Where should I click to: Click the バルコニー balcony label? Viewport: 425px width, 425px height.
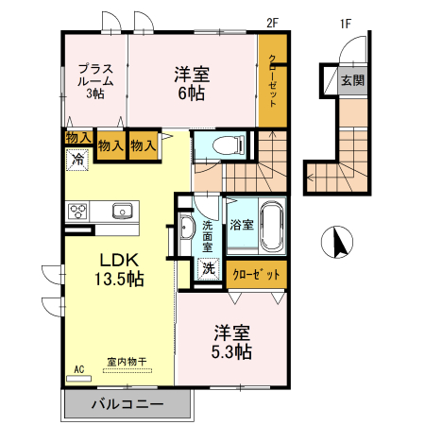(x=127, y=403)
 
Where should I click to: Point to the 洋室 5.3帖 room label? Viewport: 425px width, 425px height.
(x=231, y=341)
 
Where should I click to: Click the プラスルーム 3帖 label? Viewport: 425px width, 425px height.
(x=95, y=80)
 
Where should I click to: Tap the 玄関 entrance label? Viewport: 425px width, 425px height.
(x=352, y=82)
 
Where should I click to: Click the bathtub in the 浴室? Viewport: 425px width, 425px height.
(x=271, y=225)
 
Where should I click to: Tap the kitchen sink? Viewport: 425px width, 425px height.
(x=122, y=211)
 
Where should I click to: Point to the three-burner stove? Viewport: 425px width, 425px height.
(x=77, y=211)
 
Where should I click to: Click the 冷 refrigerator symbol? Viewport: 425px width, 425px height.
(x=78, y=159)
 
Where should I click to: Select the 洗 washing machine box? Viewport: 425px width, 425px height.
(x=209, y=268)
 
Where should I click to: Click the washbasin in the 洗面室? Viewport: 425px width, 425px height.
(x=183, y=227)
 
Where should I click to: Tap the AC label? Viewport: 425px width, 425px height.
(x=78, y=368)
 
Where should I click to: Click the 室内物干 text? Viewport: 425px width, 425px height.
(x=127, y=361)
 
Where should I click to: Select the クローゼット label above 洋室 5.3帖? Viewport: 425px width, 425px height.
(x=257, y=274)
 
